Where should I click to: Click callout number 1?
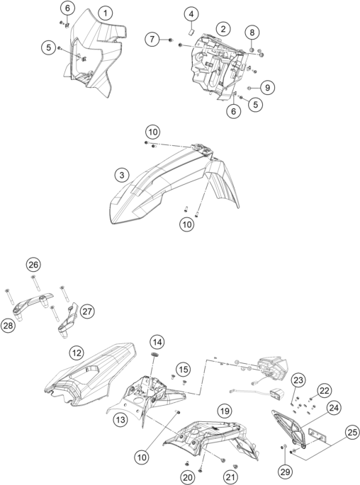point(106,13)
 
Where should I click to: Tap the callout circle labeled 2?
point(223,29)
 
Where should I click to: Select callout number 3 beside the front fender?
point(122,175)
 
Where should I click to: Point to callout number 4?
point(191,14)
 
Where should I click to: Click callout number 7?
point(152,39)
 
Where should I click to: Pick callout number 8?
point(252,33)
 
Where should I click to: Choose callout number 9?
point(267,88)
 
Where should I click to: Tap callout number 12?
point(77,353)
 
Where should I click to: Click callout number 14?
point(157,342)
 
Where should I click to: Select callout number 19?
point(225,411)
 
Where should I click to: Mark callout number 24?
point(334,408)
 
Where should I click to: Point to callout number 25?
point(352,432)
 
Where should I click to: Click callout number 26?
point(33,265)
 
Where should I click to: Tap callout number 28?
point(9,326)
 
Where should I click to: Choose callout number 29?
point(285,472)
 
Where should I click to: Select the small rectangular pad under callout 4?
point(191,31)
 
